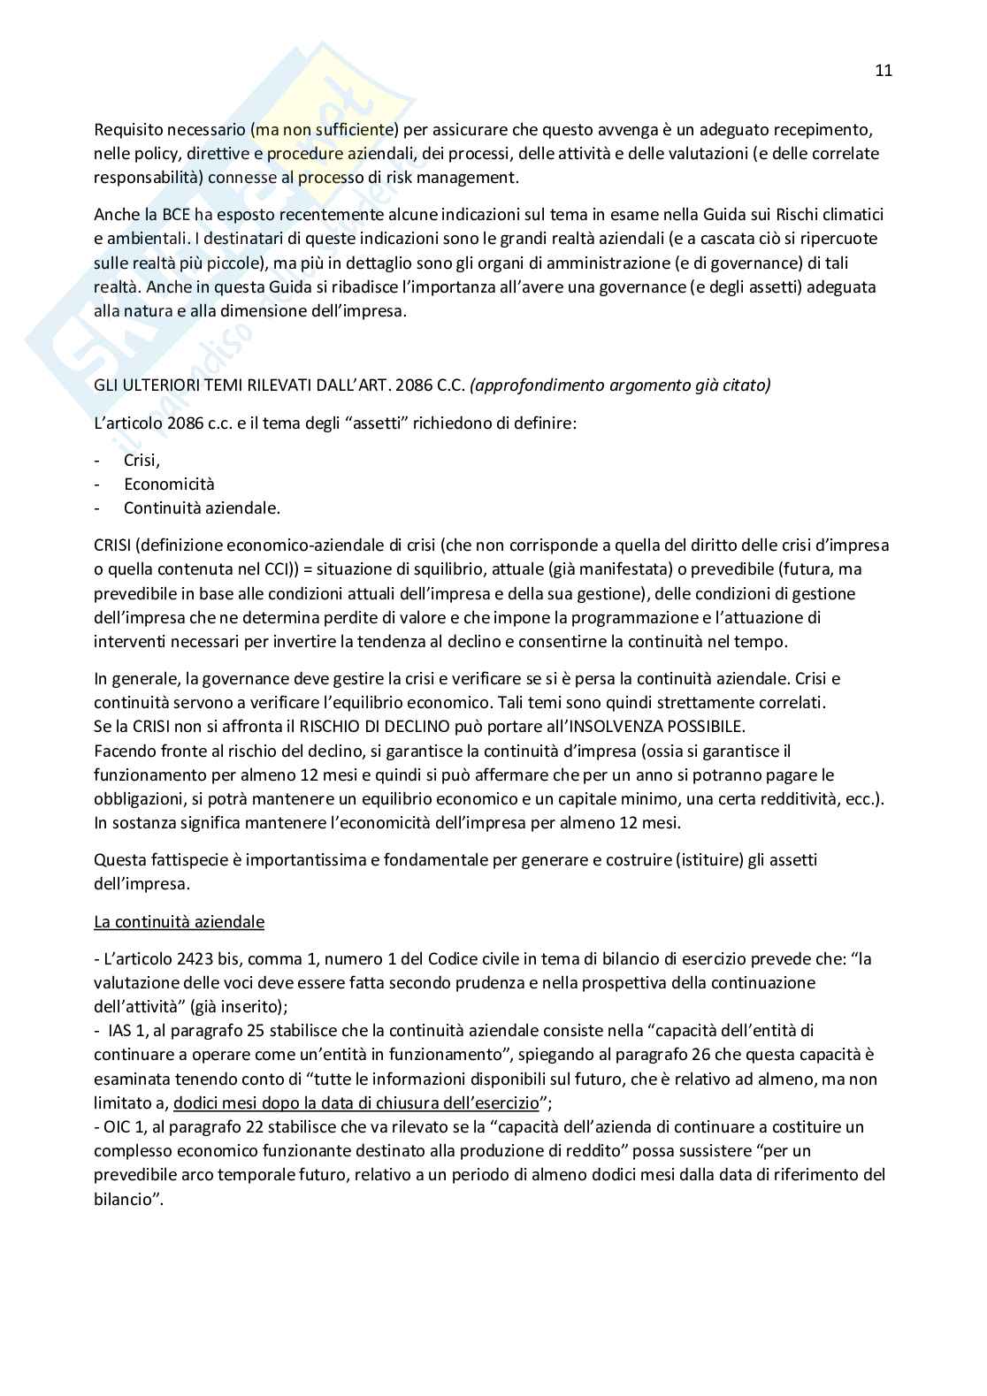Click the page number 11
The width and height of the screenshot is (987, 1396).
[884, 71]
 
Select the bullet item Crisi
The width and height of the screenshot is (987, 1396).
[142, 461]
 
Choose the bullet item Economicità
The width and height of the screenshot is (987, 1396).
[169, 484]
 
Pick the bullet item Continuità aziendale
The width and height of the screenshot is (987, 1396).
[202, 508]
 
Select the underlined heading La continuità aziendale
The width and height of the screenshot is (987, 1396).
[179, 922]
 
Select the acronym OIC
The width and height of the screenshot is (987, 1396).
[117, 1127]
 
